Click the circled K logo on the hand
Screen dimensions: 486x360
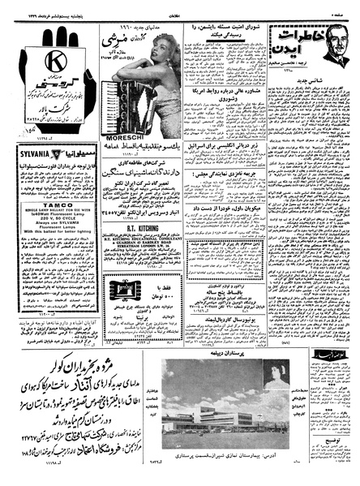(54, 62)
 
